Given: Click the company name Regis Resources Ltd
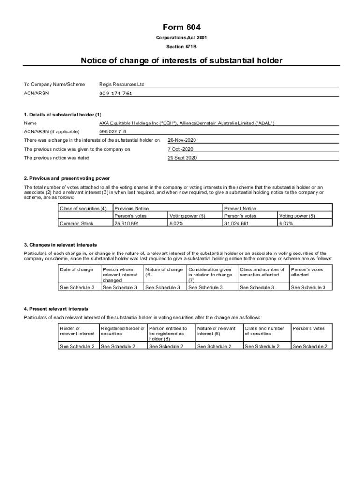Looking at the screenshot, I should [122, 84].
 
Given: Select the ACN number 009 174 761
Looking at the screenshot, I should [115, 94].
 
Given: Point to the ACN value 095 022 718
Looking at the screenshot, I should [113, 131].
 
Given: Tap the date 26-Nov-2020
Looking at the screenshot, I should [182, 140].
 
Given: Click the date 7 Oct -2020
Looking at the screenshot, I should [180, 149].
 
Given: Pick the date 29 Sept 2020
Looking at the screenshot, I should [182, 158].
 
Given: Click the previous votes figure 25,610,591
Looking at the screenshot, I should [127, 223].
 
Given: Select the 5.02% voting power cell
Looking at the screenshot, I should [176, 223].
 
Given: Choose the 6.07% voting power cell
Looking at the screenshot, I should [286, 223].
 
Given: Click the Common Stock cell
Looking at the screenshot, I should [76, 223].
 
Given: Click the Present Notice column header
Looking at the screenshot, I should [240, 208].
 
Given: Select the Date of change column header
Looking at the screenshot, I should [76, 269].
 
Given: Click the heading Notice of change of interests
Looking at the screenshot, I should [181, 60].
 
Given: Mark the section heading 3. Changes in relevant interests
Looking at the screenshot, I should [60, 245].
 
